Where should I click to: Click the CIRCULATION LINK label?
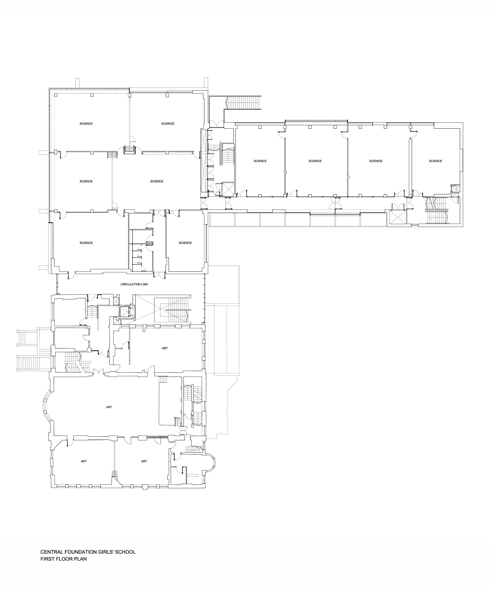pos(134,284)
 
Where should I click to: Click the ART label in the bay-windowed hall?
pos(109,407)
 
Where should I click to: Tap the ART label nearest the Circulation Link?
pos(165,348)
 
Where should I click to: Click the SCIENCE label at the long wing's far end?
pos(435,161)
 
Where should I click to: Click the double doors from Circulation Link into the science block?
pos(159,275)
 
